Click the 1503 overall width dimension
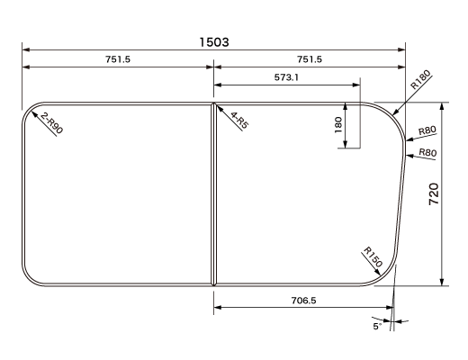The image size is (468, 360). pos(214,41)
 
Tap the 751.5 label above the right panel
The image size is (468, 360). pos(308,59)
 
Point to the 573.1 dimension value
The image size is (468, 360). pos(287,78)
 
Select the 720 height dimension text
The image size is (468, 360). pos(433,193)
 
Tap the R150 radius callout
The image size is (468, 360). pos(373,256)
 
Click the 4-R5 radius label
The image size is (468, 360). pos(238,121)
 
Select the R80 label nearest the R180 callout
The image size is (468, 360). pos(428,131)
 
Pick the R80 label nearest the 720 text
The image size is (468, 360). pos(427,153)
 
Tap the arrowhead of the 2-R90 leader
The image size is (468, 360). pos(33,113)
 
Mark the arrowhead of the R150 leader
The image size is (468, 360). pos(383,271)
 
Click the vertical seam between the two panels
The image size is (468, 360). pos(213,193)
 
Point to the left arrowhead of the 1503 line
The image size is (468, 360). pos(26,49)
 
